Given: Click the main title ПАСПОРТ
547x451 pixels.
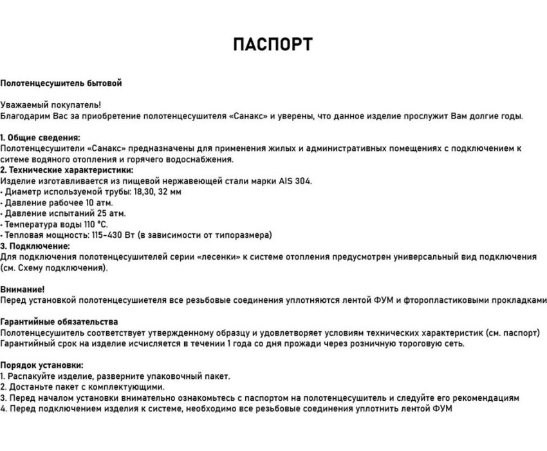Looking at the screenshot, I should [x=273, y=44].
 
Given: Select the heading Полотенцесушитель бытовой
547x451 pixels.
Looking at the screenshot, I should [x=61, y=83].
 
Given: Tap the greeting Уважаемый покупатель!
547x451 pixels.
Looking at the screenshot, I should [x=51, y=104].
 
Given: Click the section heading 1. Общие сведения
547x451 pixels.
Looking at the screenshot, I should [x=41, y=137].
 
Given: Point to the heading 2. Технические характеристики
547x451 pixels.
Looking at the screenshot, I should [x=67, y=170].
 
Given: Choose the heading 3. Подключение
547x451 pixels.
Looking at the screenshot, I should [x=35, y=245].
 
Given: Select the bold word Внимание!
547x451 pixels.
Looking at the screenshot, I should [x=23, y=289].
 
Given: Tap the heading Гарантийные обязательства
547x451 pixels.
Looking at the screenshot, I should [x=59, y=321].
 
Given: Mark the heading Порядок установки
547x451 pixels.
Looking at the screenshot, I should [x=42, y=365].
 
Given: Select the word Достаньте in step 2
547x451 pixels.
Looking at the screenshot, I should [x=29, y=387].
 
